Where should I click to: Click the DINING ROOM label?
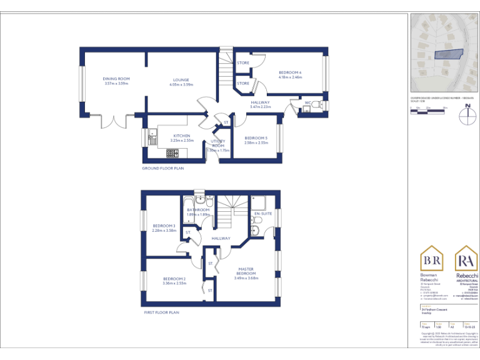click(116, 79)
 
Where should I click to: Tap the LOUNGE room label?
click(181, 79)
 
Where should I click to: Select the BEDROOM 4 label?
click(290, 72)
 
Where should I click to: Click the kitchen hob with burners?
click(172, 152)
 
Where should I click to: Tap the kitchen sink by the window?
click(152, 132)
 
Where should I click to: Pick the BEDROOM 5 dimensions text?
click(256, 142)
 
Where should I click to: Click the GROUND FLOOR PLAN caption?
click(163, 168)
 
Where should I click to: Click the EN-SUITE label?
click(263, 214)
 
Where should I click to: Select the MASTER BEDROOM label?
click(246, 271)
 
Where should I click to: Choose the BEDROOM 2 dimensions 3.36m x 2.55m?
click(174, 283)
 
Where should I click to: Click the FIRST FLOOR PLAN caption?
click(161, 312)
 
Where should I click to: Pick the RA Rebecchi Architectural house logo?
click(467, 259)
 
